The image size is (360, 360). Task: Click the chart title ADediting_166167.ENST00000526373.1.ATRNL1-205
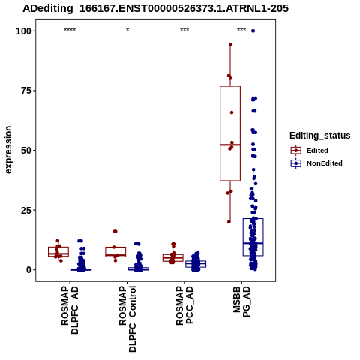coord(155,8)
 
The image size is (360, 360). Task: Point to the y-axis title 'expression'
coord(8,150)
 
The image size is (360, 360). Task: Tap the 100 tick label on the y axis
coord(24,31)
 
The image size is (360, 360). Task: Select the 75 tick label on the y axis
coord(26,91)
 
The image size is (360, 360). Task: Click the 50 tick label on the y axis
coord(26,150)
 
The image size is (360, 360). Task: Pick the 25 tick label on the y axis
coord(26,210)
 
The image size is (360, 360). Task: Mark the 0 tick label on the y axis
coord(29,270)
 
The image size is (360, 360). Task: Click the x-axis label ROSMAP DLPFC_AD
coord(70,310)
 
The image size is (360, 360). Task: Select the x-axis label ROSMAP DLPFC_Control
coord(127,319)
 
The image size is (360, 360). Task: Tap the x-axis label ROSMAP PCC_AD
coord(184,305)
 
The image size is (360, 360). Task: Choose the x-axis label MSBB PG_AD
coord(241,302)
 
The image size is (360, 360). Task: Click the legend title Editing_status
coord(320,136)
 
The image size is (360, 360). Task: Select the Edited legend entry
coord(310,151)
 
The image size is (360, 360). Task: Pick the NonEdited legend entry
coord(316,163)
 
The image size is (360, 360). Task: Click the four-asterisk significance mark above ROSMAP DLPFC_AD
coord(70,30)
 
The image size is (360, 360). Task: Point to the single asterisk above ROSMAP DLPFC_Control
coord(127,30)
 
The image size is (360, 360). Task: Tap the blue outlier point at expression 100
coord(253,31)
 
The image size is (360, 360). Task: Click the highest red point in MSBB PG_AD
coord(230,45)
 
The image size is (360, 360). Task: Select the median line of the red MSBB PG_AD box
coord(230,145)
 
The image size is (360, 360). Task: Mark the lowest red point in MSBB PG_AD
coord(229,222)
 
